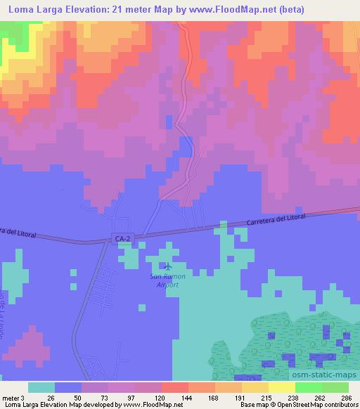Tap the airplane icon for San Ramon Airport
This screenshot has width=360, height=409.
pos(167,266)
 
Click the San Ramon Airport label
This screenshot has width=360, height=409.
pos(167,281)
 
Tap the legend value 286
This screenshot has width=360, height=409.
pos(345,397)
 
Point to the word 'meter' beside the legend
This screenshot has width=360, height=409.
pos(8,397)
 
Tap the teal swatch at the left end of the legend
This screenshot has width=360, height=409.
pos(41,387)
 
